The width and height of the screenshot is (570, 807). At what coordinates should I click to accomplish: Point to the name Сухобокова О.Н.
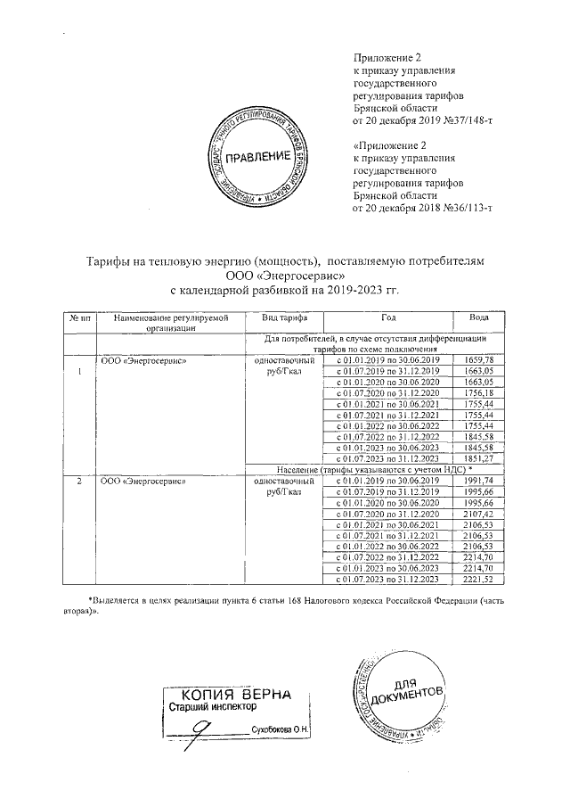pyautogui.click(x=281, y=730)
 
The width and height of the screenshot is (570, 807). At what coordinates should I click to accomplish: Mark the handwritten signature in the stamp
pyautogui.click(x=208, y=727)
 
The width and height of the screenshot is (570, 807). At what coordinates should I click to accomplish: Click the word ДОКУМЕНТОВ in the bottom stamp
pyautogui.click(x=411, y=697)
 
